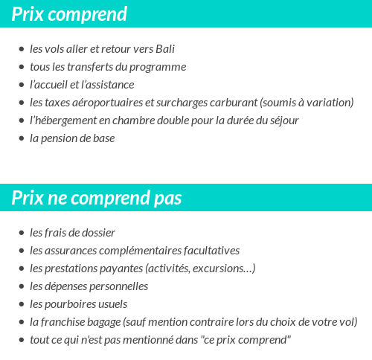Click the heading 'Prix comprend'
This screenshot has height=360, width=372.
pos(69,14)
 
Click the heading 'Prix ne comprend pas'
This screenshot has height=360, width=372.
pos(97,199)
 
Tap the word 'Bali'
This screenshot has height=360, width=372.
pos(166,49)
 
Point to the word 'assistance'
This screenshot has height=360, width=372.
pos(109,85)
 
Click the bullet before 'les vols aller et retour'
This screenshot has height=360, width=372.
pos(21,50)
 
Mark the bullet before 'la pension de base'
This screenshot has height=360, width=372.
pos(21,139)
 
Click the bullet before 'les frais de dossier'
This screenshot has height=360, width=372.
pos(21,234)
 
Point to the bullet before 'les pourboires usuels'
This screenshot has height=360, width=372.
pos(21,305)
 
